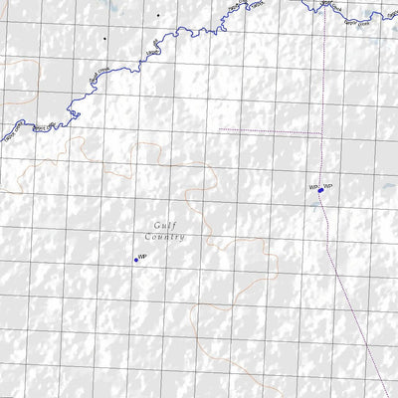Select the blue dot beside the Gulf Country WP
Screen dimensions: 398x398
click(135, 260)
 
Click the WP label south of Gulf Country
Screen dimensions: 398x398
click(143, 257)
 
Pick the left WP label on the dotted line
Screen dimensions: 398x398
click(312, 186)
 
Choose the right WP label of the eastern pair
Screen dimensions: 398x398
click(327, 186)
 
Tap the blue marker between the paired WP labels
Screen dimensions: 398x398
click(320, 189)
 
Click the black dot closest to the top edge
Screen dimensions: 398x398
click(156, 15)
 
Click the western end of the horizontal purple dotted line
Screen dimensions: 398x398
click(220, 130)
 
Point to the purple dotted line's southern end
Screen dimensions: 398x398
click(388, 396)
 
